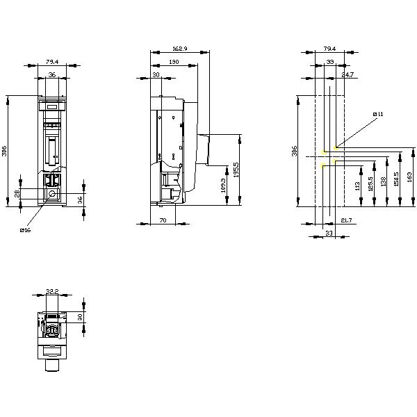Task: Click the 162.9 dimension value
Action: pyautogui.click(x=179, y=49)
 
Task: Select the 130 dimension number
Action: pyautogui.click(x=172, y=62)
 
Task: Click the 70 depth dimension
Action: pyautogui.click(x=163, y=220)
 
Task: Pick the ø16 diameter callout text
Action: pyautogui.click(x=26, y=230)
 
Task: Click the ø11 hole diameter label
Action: pyautogui.click(x=378, y=113)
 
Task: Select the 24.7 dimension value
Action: pyautogui.click(x=347, y=74)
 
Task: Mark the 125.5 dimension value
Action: pyautogui.click(x=372, y=183)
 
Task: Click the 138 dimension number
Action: pyautogui.click(x=384, y=182)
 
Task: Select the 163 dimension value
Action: pyautogui.click(x=408, y=177)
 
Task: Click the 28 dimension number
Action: pyautogui.click(x=17, y=193)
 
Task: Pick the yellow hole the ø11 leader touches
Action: pyautogui.click(x=335, y=147)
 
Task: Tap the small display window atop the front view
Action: pyautogui.click(x=51, y=106)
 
